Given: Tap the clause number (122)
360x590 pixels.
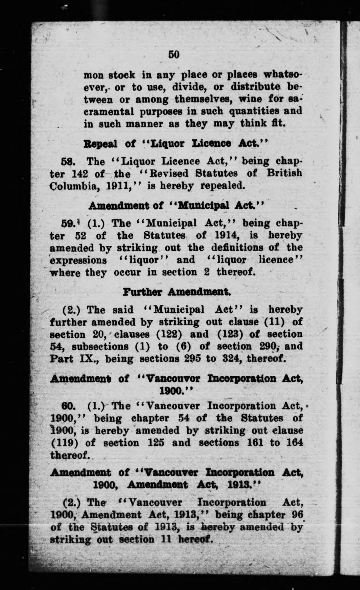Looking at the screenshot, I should pos(170,334).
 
